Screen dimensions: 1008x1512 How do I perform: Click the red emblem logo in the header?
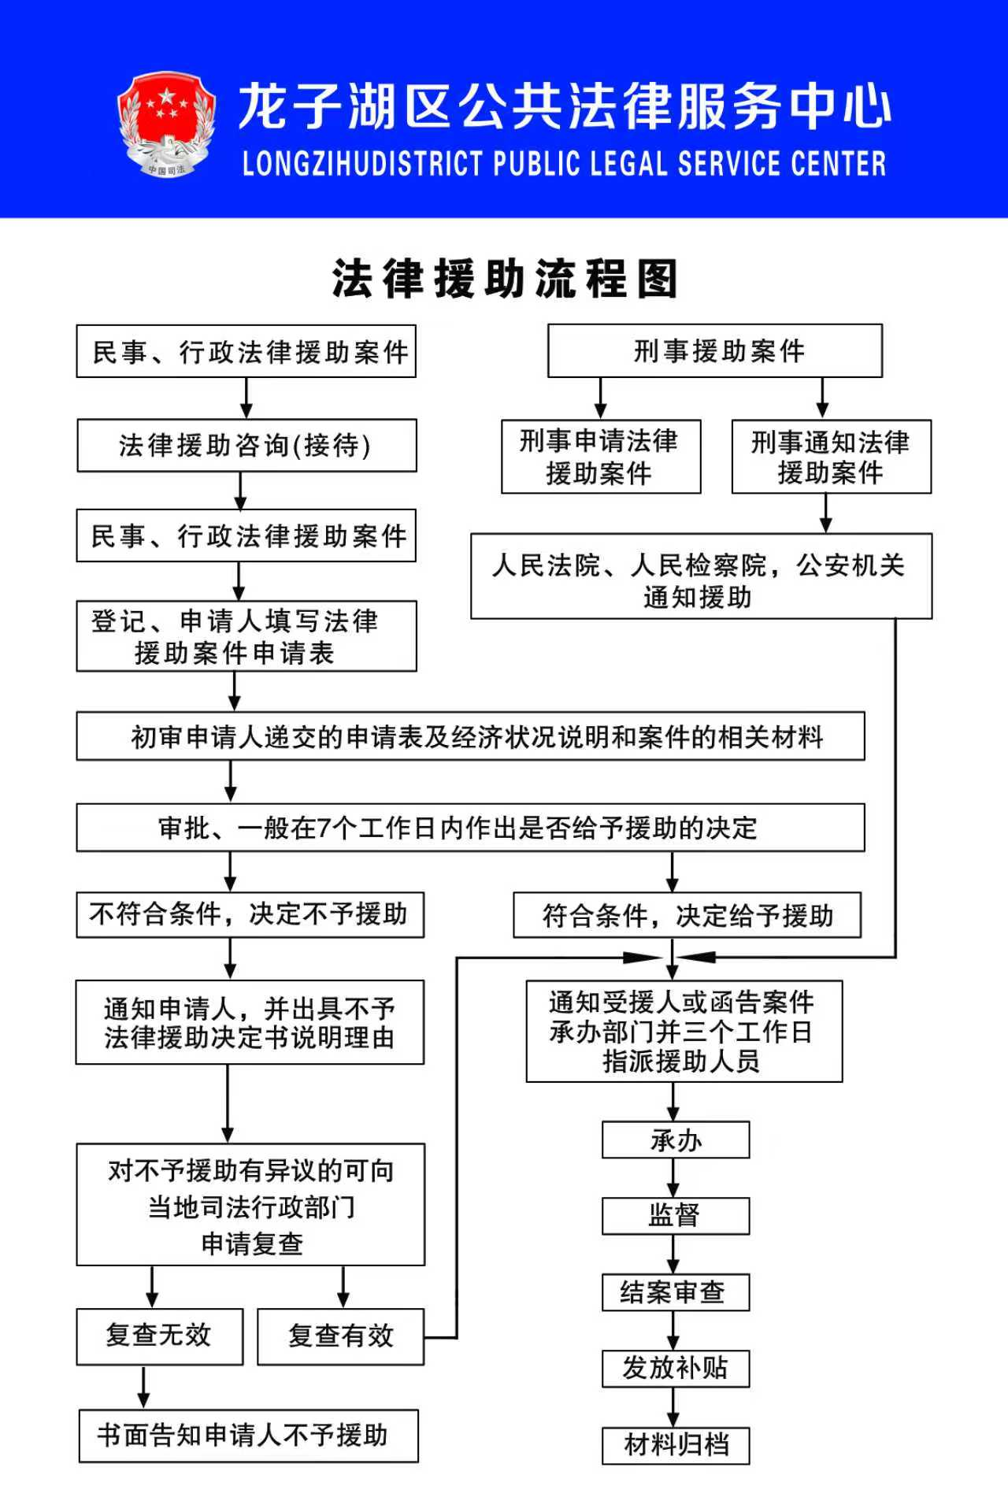tap(166, 124)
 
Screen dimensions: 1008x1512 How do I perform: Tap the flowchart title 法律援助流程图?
tap(504, 279)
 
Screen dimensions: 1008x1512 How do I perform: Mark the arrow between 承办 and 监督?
tap(673, 1178)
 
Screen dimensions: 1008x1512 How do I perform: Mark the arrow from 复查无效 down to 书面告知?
tap(143, 1387)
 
